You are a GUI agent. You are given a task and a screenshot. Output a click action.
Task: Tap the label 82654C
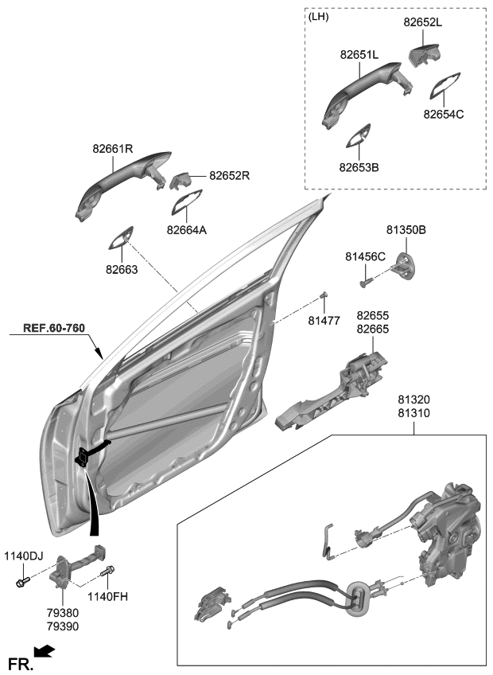[x=443, y=114]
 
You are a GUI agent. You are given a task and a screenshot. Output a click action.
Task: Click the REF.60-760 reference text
[x=53, y=328]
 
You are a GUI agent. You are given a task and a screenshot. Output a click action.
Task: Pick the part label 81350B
[x=406, y=230]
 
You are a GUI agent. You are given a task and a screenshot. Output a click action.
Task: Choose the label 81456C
[x=365, y=256]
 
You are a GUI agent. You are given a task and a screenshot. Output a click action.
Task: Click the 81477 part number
[x=324, y=320]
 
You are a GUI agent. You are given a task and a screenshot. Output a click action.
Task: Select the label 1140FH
[x=108, y=595]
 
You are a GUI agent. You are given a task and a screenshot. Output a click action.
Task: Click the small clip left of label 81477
[x=324, y=296]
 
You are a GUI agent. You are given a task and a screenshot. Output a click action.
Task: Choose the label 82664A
[x=187, y=230]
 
